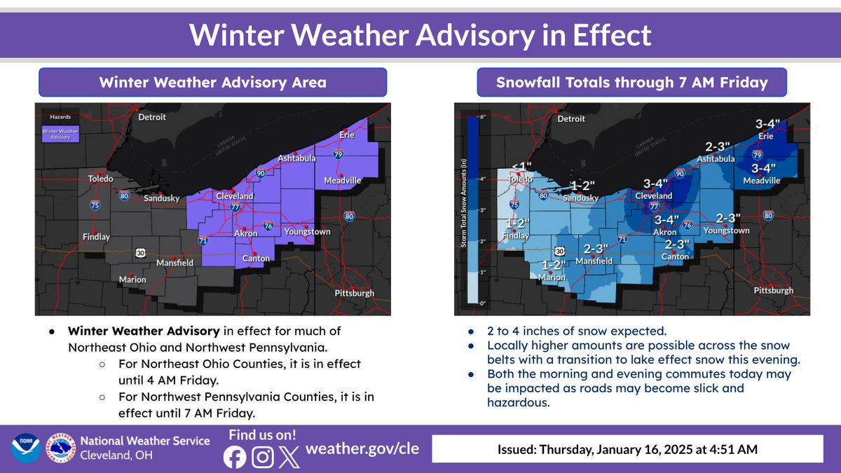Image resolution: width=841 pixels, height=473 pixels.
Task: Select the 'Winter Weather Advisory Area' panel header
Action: pos(212,82)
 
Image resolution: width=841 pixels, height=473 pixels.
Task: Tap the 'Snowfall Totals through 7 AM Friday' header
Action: pos(631,82)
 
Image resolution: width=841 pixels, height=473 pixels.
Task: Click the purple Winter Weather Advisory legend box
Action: pos(60,134)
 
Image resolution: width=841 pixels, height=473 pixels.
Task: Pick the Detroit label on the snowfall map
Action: pos(570,118)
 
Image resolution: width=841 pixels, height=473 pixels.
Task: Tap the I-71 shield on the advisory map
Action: pos(203,240)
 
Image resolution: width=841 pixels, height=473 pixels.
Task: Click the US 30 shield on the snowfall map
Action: pos(559,251)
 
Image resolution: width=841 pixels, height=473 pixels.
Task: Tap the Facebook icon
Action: pos(234,457)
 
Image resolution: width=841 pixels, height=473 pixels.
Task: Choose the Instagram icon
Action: pos(262,457)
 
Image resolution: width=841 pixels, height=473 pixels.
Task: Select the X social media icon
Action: pos(289,457)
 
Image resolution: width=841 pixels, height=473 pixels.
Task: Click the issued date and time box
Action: pos(627,449)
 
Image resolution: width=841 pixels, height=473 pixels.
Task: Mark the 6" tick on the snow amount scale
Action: pos(482,117)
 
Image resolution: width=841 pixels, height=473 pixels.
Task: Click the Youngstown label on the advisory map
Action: pos(307,231)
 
